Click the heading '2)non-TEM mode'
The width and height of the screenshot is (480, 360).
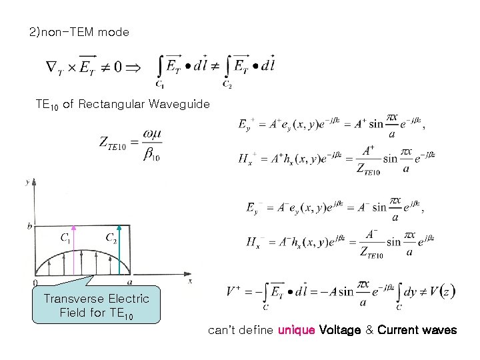click(79, 32)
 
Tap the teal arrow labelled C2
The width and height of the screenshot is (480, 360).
click(119, 256)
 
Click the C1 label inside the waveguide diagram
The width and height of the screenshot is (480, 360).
click(67, 237)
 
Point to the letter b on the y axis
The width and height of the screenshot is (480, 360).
click(29, 227)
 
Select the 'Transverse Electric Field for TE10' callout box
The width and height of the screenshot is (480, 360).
click(97, 305)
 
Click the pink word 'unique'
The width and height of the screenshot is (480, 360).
click(296, 330)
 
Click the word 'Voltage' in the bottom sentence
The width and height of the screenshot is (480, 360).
click(341, 330)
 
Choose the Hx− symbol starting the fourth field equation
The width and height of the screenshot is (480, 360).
click(255, 243)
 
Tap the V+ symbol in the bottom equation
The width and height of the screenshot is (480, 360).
click(234, 291)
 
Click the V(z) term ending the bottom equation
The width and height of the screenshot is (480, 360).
click(442, 291)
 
